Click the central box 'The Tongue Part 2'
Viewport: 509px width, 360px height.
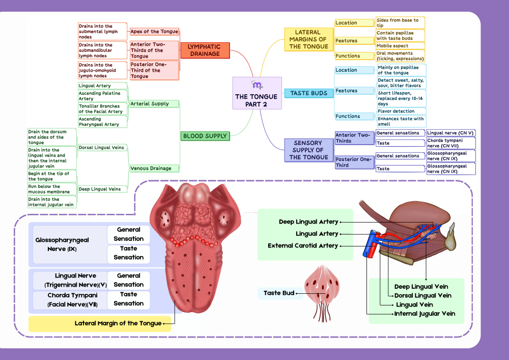pos(257,93)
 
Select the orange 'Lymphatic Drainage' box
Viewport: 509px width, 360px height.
pos(204,50)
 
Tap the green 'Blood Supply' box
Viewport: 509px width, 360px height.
pos(205,136)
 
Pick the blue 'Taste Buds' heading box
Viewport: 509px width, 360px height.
pos(308,93)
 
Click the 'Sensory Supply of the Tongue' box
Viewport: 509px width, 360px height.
pos(308,150)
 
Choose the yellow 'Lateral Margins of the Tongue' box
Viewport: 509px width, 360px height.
pos(308,39)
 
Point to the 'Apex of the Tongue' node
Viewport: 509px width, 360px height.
pos(154,32)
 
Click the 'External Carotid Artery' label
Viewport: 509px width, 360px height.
pos(303,246)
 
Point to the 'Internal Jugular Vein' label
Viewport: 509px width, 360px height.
pos(425,314)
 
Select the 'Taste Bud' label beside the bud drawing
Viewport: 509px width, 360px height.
pos(279,293)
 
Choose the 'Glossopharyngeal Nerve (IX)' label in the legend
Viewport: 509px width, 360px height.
pos(62,244)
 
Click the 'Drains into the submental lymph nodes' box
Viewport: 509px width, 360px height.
pos(102,32)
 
